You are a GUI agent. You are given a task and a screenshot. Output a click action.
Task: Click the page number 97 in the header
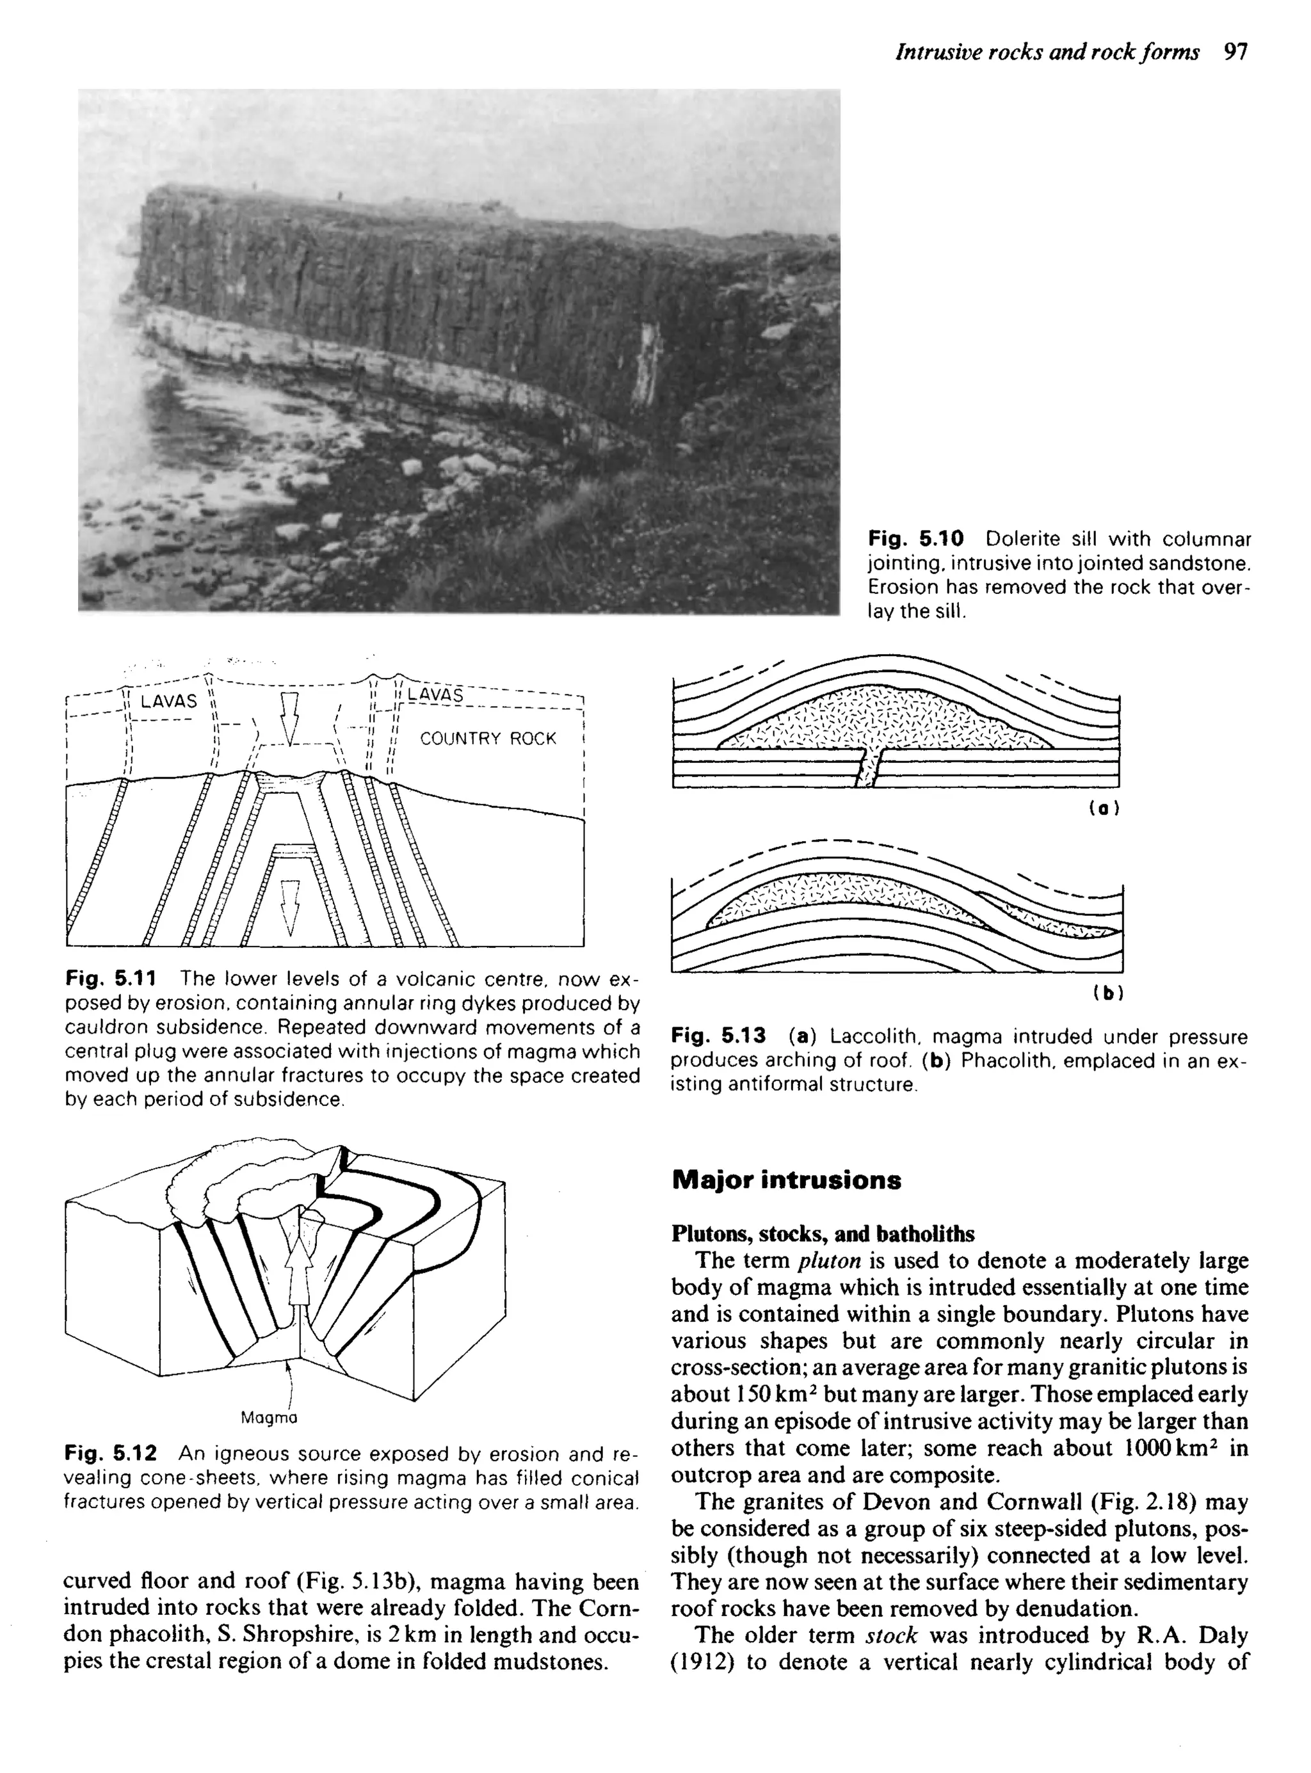[1236, 52]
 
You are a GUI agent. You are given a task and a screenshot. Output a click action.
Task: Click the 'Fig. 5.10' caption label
[916, 540]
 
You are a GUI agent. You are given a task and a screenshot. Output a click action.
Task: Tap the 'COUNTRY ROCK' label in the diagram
[488, 739]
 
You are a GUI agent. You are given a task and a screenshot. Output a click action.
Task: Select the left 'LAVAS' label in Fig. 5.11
[168, 702]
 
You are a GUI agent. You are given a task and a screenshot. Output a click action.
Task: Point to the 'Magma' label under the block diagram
[269, 1418]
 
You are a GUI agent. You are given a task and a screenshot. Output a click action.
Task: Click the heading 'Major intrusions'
[785, 1180]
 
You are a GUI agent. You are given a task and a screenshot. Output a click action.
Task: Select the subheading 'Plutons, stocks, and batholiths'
[823, 1233]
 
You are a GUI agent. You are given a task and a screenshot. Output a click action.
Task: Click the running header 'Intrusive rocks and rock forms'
[1047, 52]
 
